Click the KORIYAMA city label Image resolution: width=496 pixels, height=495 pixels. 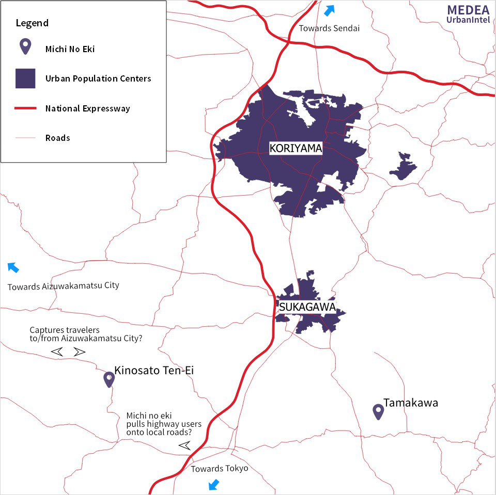296,149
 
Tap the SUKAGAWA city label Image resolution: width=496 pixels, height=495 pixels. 307,307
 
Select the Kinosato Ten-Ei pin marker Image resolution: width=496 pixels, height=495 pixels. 109,379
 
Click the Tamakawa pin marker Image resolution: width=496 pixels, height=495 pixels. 378,411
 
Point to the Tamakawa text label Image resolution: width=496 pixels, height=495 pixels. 410,403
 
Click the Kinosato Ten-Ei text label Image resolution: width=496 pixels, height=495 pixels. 154,370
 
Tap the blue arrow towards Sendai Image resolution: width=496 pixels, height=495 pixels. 329,10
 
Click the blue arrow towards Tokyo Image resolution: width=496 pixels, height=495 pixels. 213,484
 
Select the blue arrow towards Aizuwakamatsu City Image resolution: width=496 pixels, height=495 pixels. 13,267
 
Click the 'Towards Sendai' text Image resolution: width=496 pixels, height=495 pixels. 329,28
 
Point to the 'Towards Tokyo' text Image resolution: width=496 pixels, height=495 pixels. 220,469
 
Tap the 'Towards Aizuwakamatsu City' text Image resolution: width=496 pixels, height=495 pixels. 63,285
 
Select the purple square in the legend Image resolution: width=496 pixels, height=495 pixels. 25,78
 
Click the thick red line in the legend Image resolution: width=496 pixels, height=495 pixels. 25,108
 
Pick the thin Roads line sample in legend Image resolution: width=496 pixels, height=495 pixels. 25,138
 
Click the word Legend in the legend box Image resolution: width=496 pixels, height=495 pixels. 32,23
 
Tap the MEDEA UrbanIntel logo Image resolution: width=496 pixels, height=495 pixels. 468,14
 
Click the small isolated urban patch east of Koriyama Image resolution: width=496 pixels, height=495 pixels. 402,166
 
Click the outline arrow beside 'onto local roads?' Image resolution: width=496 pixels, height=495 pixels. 184,445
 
